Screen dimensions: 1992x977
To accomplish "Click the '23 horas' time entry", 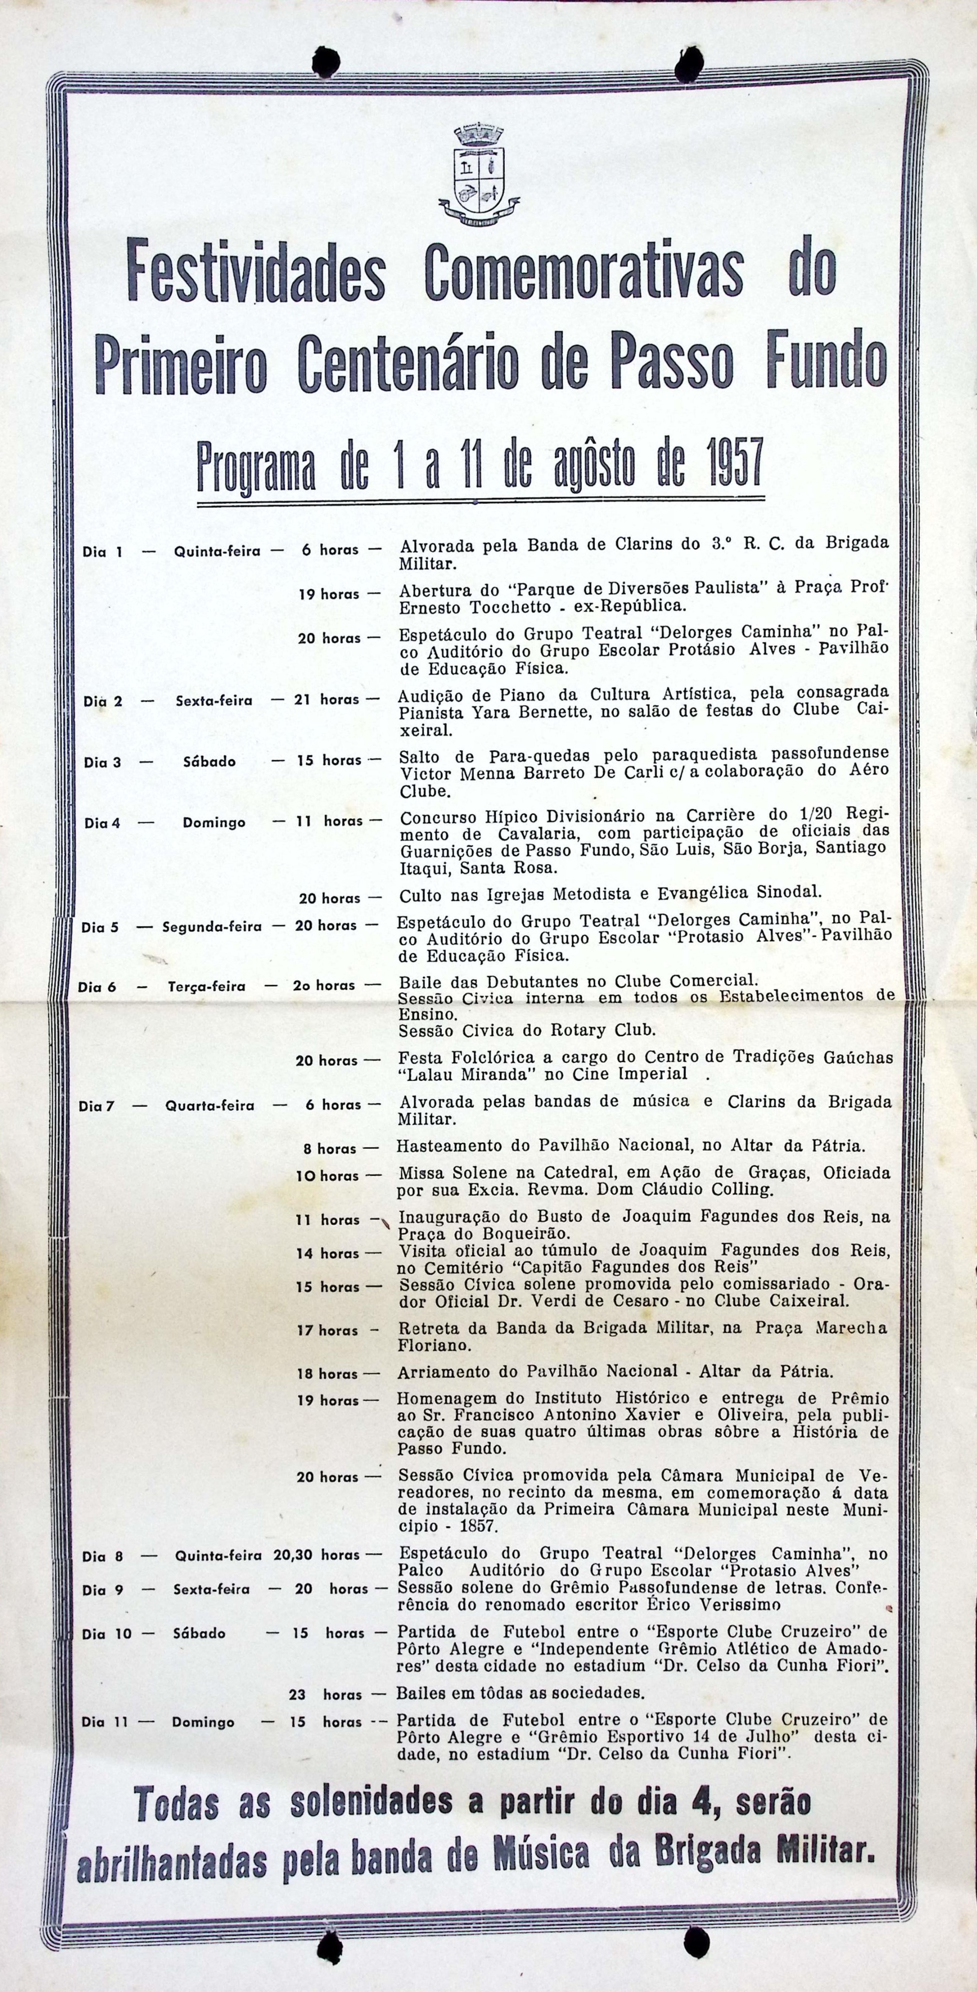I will [325, 1694].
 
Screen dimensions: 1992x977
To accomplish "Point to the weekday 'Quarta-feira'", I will [210, 1106].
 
